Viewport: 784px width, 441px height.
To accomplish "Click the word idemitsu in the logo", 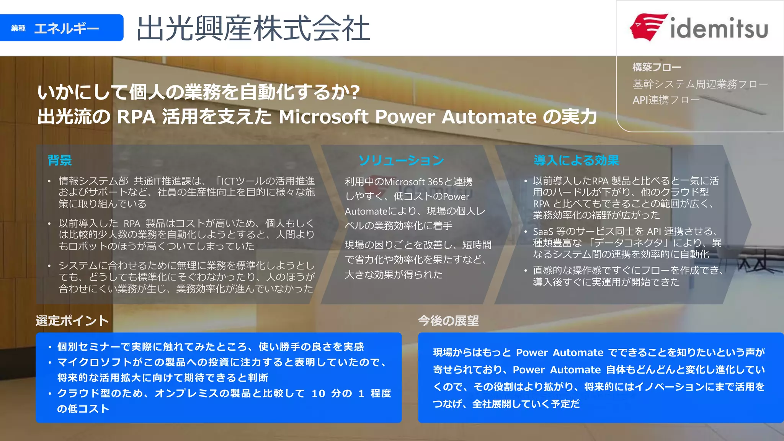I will pyautogui.click(x=719, y=28).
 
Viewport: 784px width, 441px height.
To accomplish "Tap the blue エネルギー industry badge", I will pyautogui.click(x=62, y=28).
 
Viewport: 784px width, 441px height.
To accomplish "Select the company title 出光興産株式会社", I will pyautogui.click(x=253, y=28).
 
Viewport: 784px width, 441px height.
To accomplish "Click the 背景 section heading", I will pyautogui.click(x=60, y=160).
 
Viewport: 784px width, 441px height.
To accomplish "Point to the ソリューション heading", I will pyautogui.click(x=401, y=160).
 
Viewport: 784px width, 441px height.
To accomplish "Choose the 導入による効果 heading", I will pyautogui.click(x=576, y=160).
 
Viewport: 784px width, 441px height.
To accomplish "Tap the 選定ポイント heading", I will pyautogui.click(x=72, y=320).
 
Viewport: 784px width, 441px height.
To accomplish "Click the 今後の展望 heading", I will pyautogui.click(x=448, y=320).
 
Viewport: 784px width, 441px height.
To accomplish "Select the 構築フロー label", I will pyautogui.click(x=657, y=67).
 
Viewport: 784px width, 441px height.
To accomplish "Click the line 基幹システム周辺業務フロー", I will pyautogui.click(x=700, y=84).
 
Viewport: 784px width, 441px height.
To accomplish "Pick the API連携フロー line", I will pyautogui.click(x=666, y=100).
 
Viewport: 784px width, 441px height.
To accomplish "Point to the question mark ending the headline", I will pyautogui.click(x=355, y=92).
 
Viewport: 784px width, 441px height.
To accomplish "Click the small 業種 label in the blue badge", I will pyautogui.click(x=18, y=28).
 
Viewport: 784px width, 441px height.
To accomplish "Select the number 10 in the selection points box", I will pyautogui.click(x=318, y=394).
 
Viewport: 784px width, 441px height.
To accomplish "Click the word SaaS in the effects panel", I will pyautogui.click(x=543, y=232).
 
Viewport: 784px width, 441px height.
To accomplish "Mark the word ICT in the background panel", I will pyautogui.click(x=229, y=181).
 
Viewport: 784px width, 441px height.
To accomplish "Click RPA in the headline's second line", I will pyautogui.click(x=136, y=117).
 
